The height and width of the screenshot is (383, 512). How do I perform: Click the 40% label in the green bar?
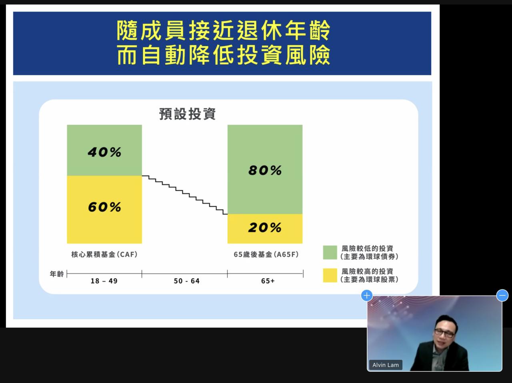tap(104, 152)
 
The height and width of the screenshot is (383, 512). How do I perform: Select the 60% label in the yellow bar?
tap(104, 207)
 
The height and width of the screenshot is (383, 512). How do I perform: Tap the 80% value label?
tap(265, 170)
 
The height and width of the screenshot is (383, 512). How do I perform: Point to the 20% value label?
tap(265, 227)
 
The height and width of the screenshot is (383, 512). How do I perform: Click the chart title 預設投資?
tap(188, 114)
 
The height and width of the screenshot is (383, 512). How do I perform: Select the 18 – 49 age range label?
tap(104, 281)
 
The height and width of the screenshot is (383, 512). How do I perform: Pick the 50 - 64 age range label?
tap(187, 281)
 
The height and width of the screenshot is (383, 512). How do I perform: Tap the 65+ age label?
tap(268, 281)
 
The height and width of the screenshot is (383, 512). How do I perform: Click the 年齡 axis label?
tap(57, 273)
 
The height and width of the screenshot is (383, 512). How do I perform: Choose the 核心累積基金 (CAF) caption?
tap(104, 254)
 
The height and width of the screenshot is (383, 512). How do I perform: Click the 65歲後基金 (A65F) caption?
tap(266, 254)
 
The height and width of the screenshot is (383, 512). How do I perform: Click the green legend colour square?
tap(330, 252)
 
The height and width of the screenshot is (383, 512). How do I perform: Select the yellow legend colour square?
tap(330, 275)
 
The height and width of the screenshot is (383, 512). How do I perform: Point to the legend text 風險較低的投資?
tap(367, 249)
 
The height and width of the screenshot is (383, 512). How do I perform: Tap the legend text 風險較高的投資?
tap(367, 271)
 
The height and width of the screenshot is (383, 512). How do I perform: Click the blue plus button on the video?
tap(367, 295)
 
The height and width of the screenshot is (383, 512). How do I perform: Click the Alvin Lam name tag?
tap(386, 365)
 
